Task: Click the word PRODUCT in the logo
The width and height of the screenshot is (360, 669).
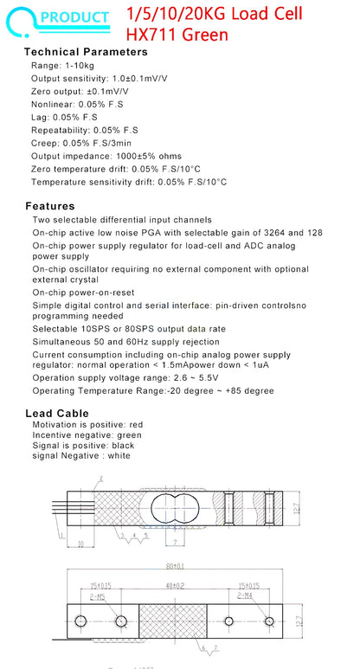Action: pyautogui.click(x=74, y=16)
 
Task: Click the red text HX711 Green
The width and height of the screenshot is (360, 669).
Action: pyautogui.click(x=177, y=35)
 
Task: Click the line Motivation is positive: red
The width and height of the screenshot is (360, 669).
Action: pyautogui.click(x=87, y=425)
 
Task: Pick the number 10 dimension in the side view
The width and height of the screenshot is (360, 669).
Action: pyautogui.click(x=80, y=543)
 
